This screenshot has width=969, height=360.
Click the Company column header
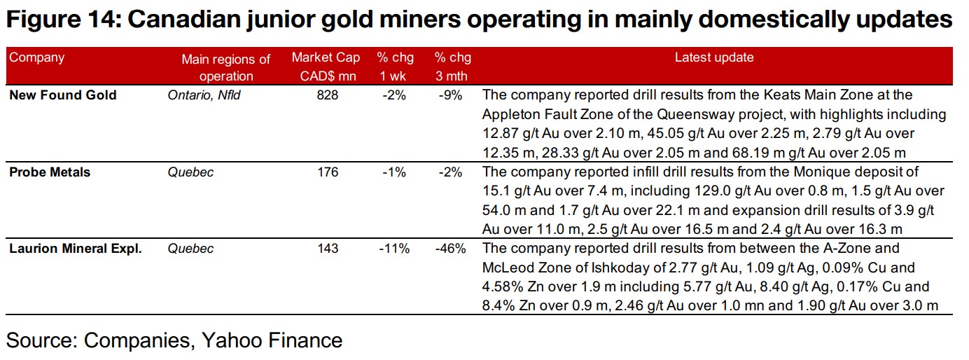pos(36,57)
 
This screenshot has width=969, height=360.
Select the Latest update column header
pos(714,57)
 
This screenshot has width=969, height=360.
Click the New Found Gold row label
pos(63,95)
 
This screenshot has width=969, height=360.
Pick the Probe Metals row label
pos(50,172)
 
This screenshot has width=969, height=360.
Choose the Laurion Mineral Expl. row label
pos(76,249)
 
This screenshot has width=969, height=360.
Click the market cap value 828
pos(326,95)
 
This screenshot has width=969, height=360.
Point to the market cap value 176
pos(326,172)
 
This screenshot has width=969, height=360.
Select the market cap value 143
pos(326,249)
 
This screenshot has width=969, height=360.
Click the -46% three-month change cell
pos(449,249)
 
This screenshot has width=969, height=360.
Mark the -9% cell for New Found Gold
pos(451,95)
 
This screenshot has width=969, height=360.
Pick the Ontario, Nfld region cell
pos(204,95)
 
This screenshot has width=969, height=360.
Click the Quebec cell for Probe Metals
pos(190,172)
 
